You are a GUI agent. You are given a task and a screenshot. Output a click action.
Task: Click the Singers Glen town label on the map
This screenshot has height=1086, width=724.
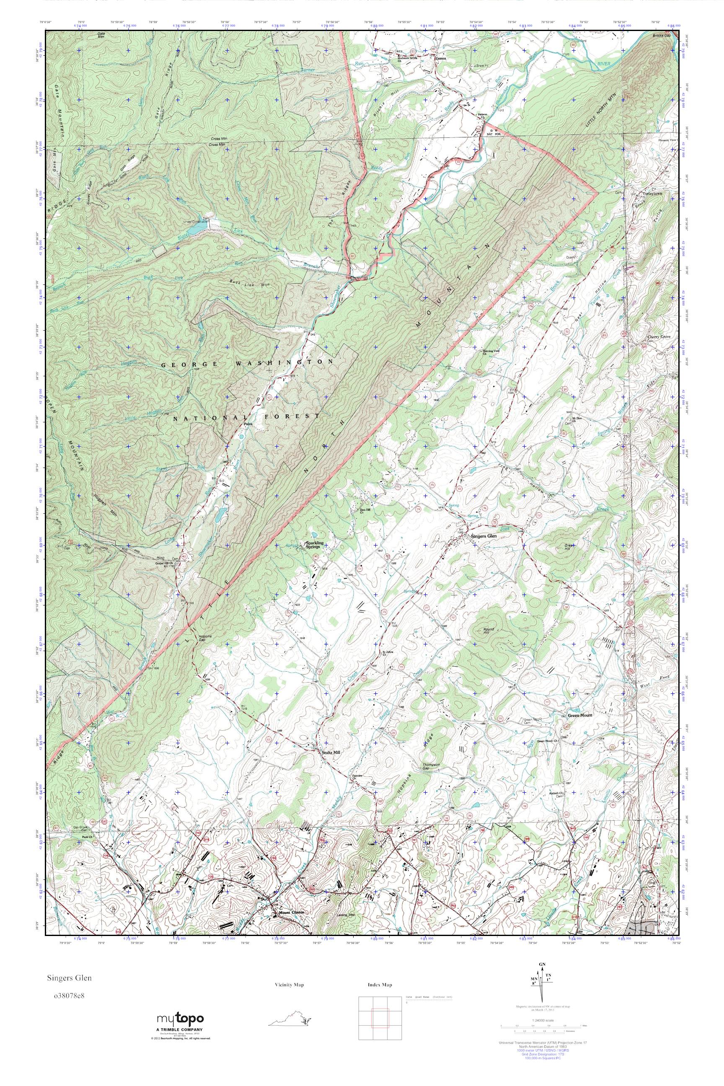483,537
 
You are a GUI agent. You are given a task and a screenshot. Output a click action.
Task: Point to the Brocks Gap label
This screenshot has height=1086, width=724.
661,36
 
